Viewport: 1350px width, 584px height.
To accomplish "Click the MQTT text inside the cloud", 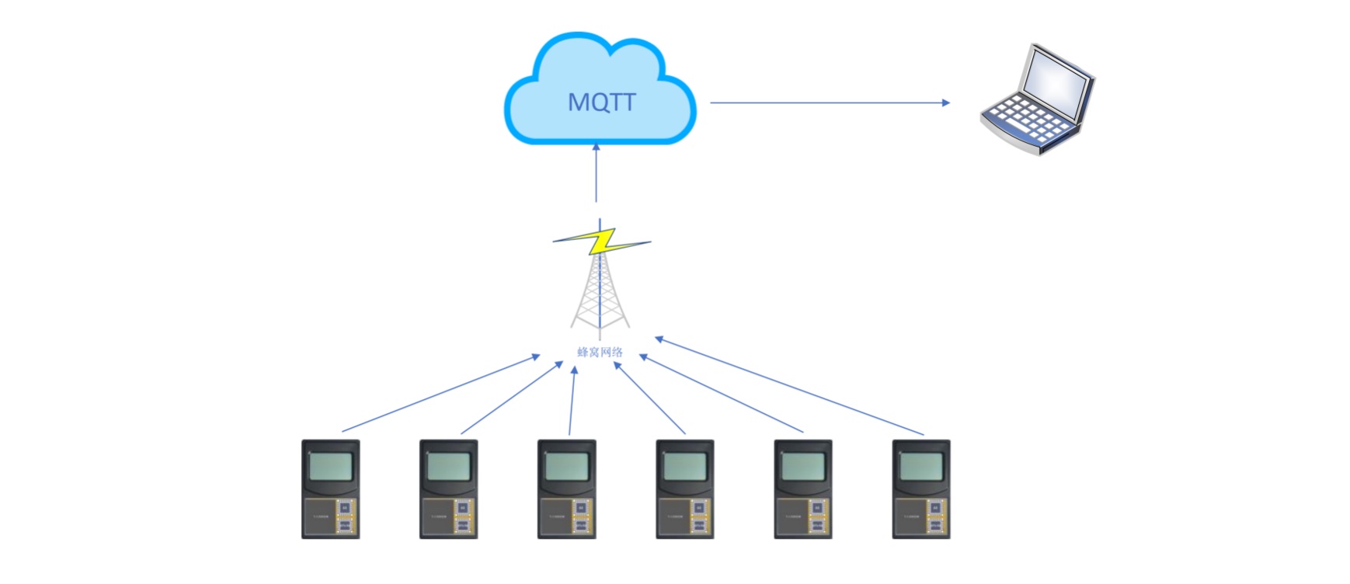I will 601,102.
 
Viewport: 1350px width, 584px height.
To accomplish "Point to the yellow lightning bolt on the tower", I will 601,242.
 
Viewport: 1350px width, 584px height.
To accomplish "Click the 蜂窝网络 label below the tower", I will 600,352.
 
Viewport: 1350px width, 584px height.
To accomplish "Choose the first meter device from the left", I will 331,489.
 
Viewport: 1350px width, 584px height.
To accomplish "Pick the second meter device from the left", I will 449,489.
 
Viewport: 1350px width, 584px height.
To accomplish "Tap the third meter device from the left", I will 567,489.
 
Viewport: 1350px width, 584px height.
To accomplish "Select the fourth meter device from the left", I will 685,489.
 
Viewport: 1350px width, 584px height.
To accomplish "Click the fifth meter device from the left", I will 803,489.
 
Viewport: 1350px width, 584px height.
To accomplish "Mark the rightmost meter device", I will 921,489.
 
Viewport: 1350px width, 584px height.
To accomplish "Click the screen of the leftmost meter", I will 331,467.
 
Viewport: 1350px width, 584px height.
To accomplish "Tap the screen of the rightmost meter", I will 921,467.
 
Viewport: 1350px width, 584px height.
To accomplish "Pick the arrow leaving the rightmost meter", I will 789,384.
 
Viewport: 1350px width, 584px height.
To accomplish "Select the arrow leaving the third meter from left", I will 572,401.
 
